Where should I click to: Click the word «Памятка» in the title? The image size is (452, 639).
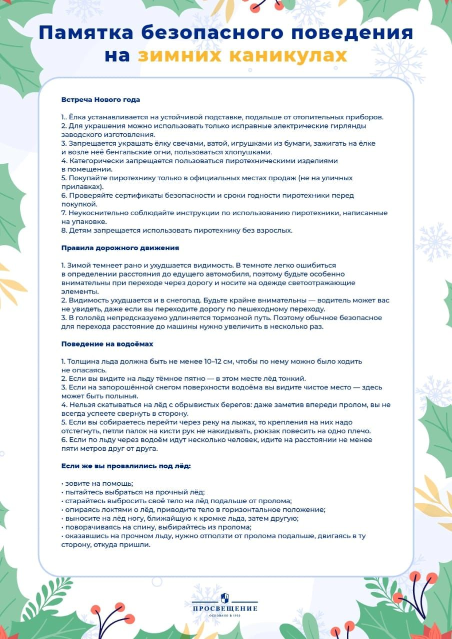click(85, 32)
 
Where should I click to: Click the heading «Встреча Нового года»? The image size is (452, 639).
click(100, 99)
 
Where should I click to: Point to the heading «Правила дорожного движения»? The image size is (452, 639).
click(120, 248)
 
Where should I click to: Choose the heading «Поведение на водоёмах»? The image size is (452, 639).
click(107, 344)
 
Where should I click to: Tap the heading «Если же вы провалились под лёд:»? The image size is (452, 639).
click(126, 466)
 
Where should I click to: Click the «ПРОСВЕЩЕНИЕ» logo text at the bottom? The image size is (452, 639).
click(225, 609)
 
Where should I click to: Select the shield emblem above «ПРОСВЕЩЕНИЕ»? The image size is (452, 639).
click(225, 597)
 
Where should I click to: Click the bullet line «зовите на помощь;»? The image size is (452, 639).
click(90, 483)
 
